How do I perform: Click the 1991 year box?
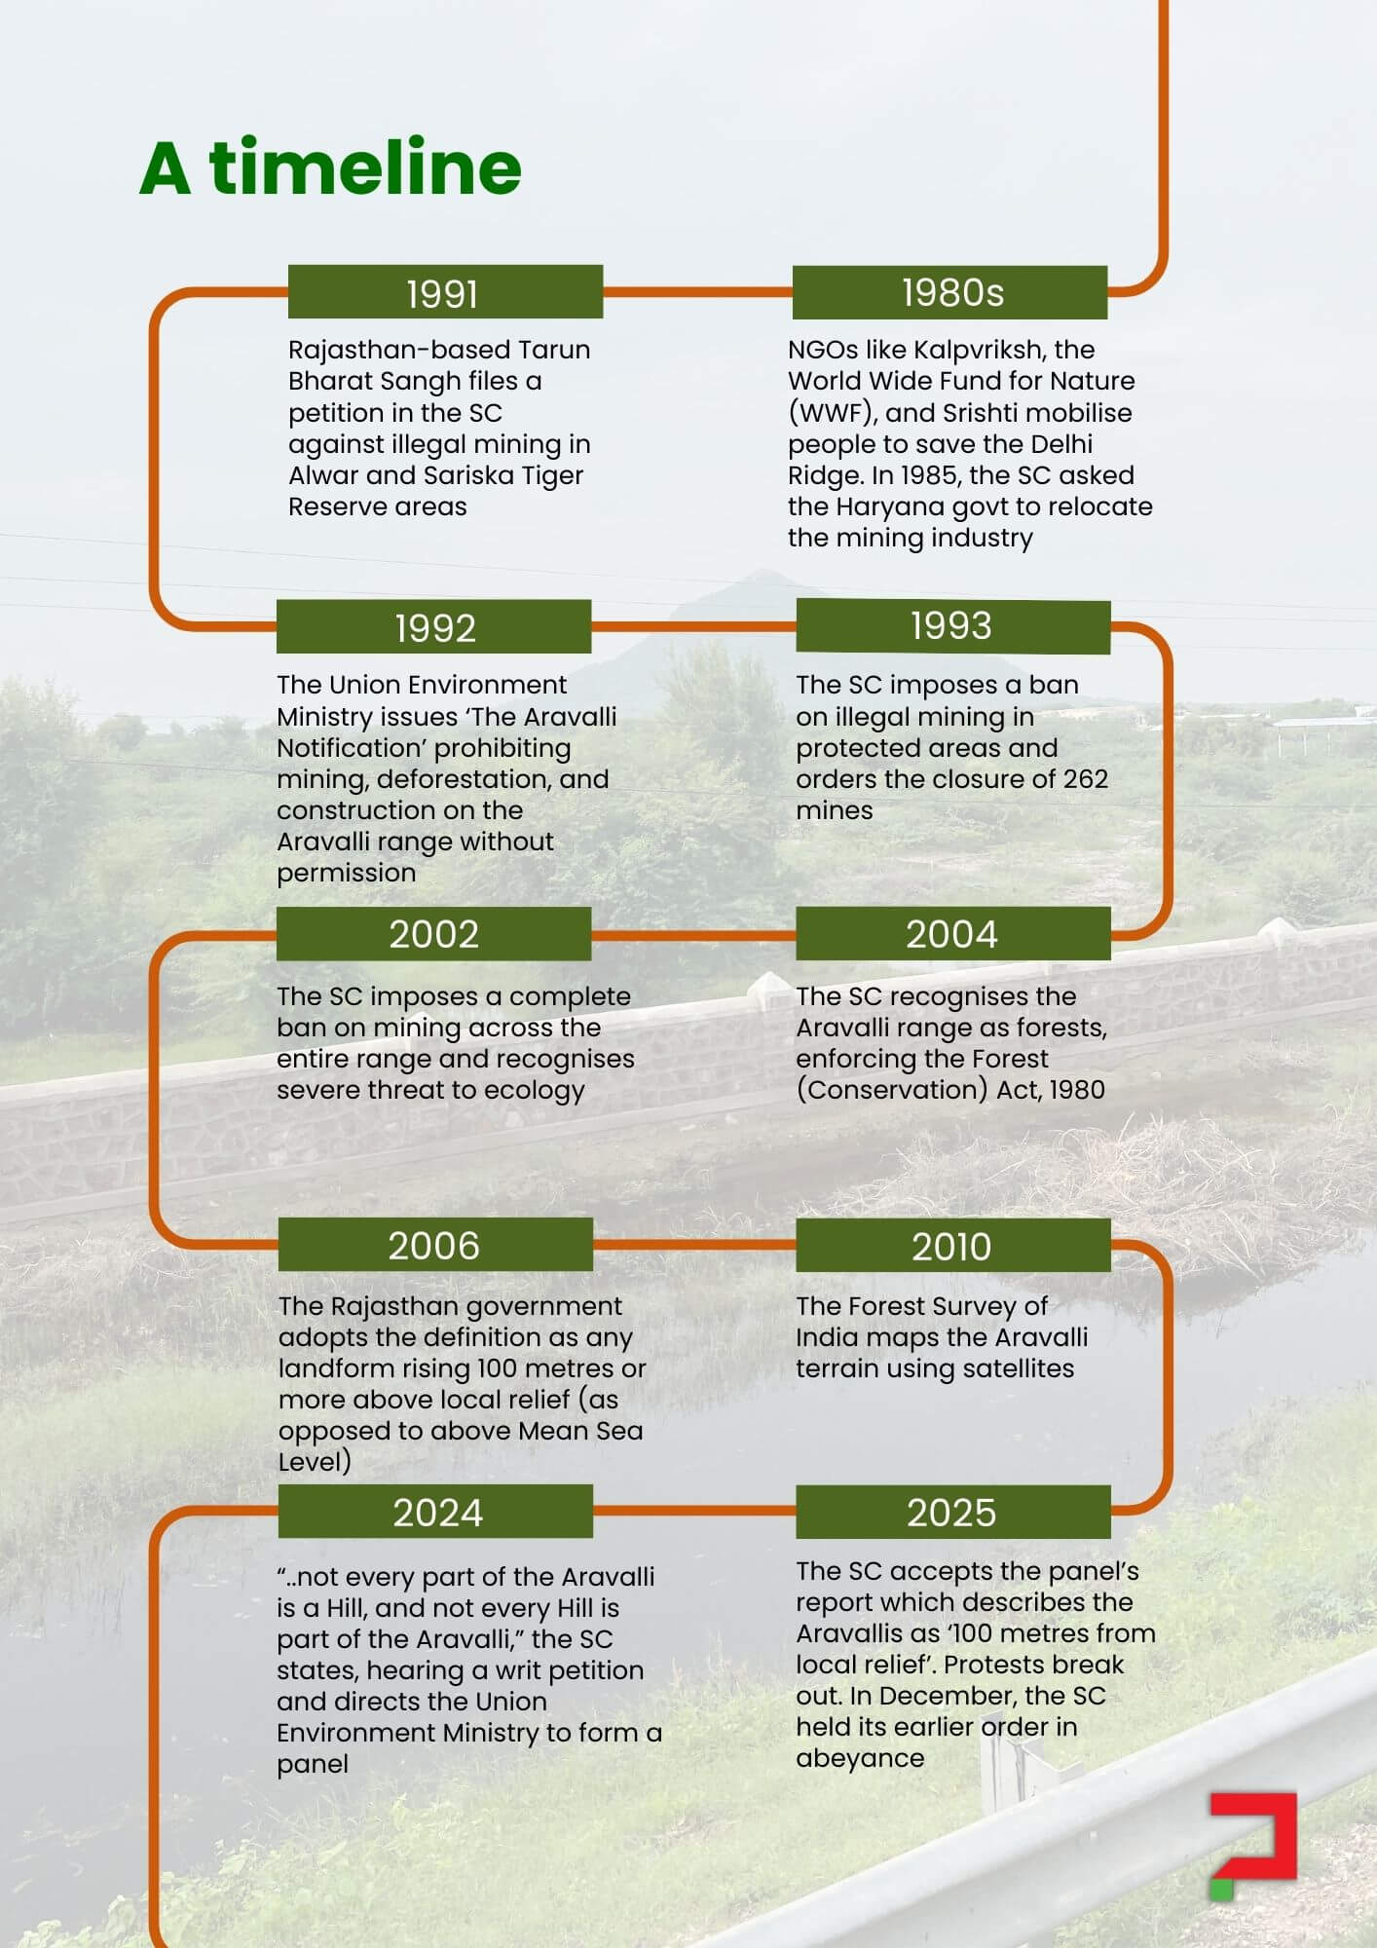point(445,292)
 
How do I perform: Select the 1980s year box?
point(949,292)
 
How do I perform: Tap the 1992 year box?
point(433,627)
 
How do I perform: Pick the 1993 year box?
point(952,626)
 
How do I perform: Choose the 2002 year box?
point(433,934)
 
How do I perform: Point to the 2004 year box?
point(952,934)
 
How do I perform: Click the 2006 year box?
point(434,1245)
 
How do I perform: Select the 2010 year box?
point(952,1246)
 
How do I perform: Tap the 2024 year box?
point(435,1512)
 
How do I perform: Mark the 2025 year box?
point(952,1513)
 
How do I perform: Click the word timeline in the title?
point(365,168)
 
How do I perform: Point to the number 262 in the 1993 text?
point(1086,779)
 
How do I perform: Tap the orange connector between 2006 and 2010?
point(694,1245)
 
